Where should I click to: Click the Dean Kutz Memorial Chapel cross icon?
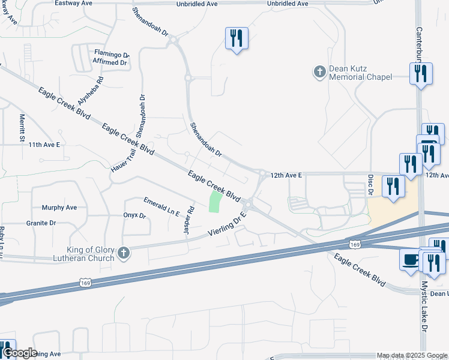click(x=319, y=72)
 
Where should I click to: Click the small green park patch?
click(x=215, y=202)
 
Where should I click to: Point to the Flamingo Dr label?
click(x=112, y=54)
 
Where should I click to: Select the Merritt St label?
click(x=22, y=128)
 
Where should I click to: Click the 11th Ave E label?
click(x=44, y=145)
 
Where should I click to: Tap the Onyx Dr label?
click(x=134, y=215)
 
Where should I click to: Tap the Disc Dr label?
click(x=371, y=186)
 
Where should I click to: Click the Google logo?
click(x=19, y=353)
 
